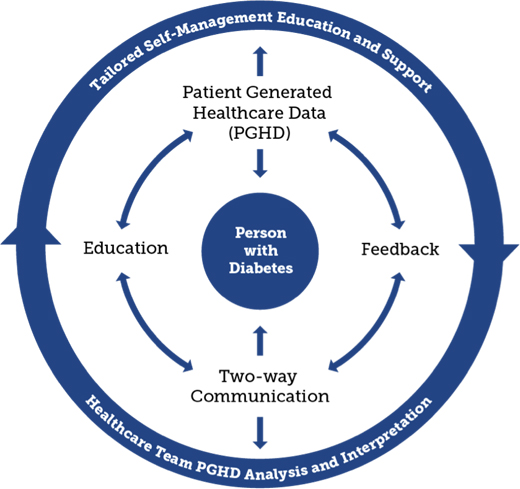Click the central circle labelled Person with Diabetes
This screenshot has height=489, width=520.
pyautogui.click(x=260, y=251)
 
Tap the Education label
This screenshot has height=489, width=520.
pyautogui.click(x=126, y=248)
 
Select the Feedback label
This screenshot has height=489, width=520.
pyautogui.click(x=400, y=249)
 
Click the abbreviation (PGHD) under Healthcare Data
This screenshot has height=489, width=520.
pyautogui.click(x=260, y=133)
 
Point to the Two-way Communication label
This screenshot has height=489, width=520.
pyautogui.click(x=260, y=386)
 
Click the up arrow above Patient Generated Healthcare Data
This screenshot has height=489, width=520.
pyautogui.click(x=260, y=61)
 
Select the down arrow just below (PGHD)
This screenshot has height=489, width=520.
pyautogui.click(x=260, y=163)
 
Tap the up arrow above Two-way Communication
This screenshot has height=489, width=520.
pyautogui.click(x=260, y=341)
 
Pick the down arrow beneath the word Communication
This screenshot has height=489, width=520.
pyautogui.click(x=260, y=433)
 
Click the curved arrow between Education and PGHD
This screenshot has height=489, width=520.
pyautogui.click(x=147, y=170)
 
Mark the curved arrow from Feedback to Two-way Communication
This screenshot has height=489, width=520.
pyautogui.click(x=374, y=330)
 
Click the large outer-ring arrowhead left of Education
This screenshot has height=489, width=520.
pyautogui.click(x=31, y=237)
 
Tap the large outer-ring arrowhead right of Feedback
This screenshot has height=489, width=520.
pyautogui.click(x=489, y=252)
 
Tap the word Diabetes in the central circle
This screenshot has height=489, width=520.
pyautogui.click(x=261, y=268)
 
